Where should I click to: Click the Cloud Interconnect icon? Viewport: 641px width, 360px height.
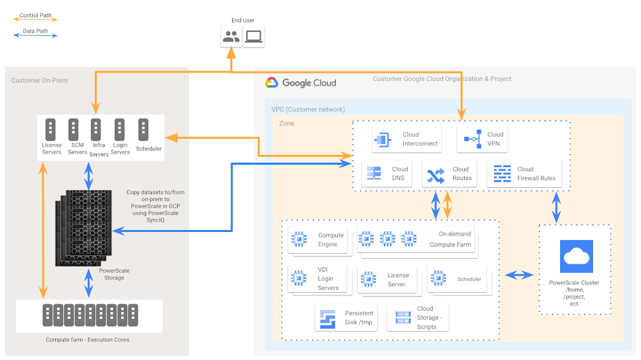383,139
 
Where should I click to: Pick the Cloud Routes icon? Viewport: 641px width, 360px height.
435,174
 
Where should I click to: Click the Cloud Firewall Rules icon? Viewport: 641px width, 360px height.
502,174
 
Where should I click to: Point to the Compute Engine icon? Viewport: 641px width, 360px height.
299,240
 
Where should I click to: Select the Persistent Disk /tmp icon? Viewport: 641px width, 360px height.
328,318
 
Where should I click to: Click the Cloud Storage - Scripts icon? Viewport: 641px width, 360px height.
403,318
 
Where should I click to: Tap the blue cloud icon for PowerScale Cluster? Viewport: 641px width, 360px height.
576,257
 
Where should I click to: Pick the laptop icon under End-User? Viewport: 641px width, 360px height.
253,37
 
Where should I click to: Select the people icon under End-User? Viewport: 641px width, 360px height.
231,37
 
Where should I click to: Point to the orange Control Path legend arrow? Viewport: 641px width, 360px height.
36,20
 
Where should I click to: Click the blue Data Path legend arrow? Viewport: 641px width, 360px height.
36,35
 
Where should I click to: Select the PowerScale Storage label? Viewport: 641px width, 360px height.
114,274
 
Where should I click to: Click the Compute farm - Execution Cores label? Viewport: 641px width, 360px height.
87,340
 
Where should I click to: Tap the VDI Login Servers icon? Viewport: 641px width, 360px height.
299,278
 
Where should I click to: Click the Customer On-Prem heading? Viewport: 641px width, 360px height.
39,80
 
